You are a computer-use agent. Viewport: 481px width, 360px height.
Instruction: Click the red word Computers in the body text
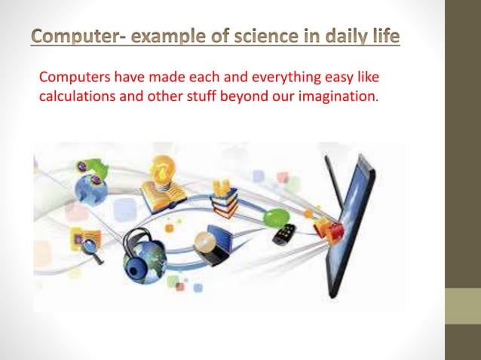tap(70, 78)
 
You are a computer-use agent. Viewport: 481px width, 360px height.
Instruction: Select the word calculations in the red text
tap(75, 97)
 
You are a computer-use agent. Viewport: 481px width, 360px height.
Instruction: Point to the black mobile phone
tap(284, 234)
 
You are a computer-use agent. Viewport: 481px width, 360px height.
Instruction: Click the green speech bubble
tap(275, 217)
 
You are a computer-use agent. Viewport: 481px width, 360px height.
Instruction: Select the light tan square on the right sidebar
tap(463, 306)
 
